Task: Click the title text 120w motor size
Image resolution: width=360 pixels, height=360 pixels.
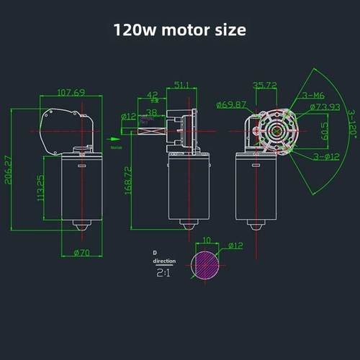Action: (x=179, y=30)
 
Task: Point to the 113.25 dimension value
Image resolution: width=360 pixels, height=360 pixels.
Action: (x=40, y=188)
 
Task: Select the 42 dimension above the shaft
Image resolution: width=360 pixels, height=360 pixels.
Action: (x=153, y=94)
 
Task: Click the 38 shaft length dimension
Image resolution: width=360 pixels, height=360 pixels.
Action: (x=153, y=112)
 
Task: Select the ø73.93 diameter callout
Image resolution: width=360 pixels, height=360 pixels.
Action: (x=324, y=108)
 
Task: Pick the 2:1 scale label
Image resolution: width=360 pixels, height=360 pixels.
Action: (x=163, y=274)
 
